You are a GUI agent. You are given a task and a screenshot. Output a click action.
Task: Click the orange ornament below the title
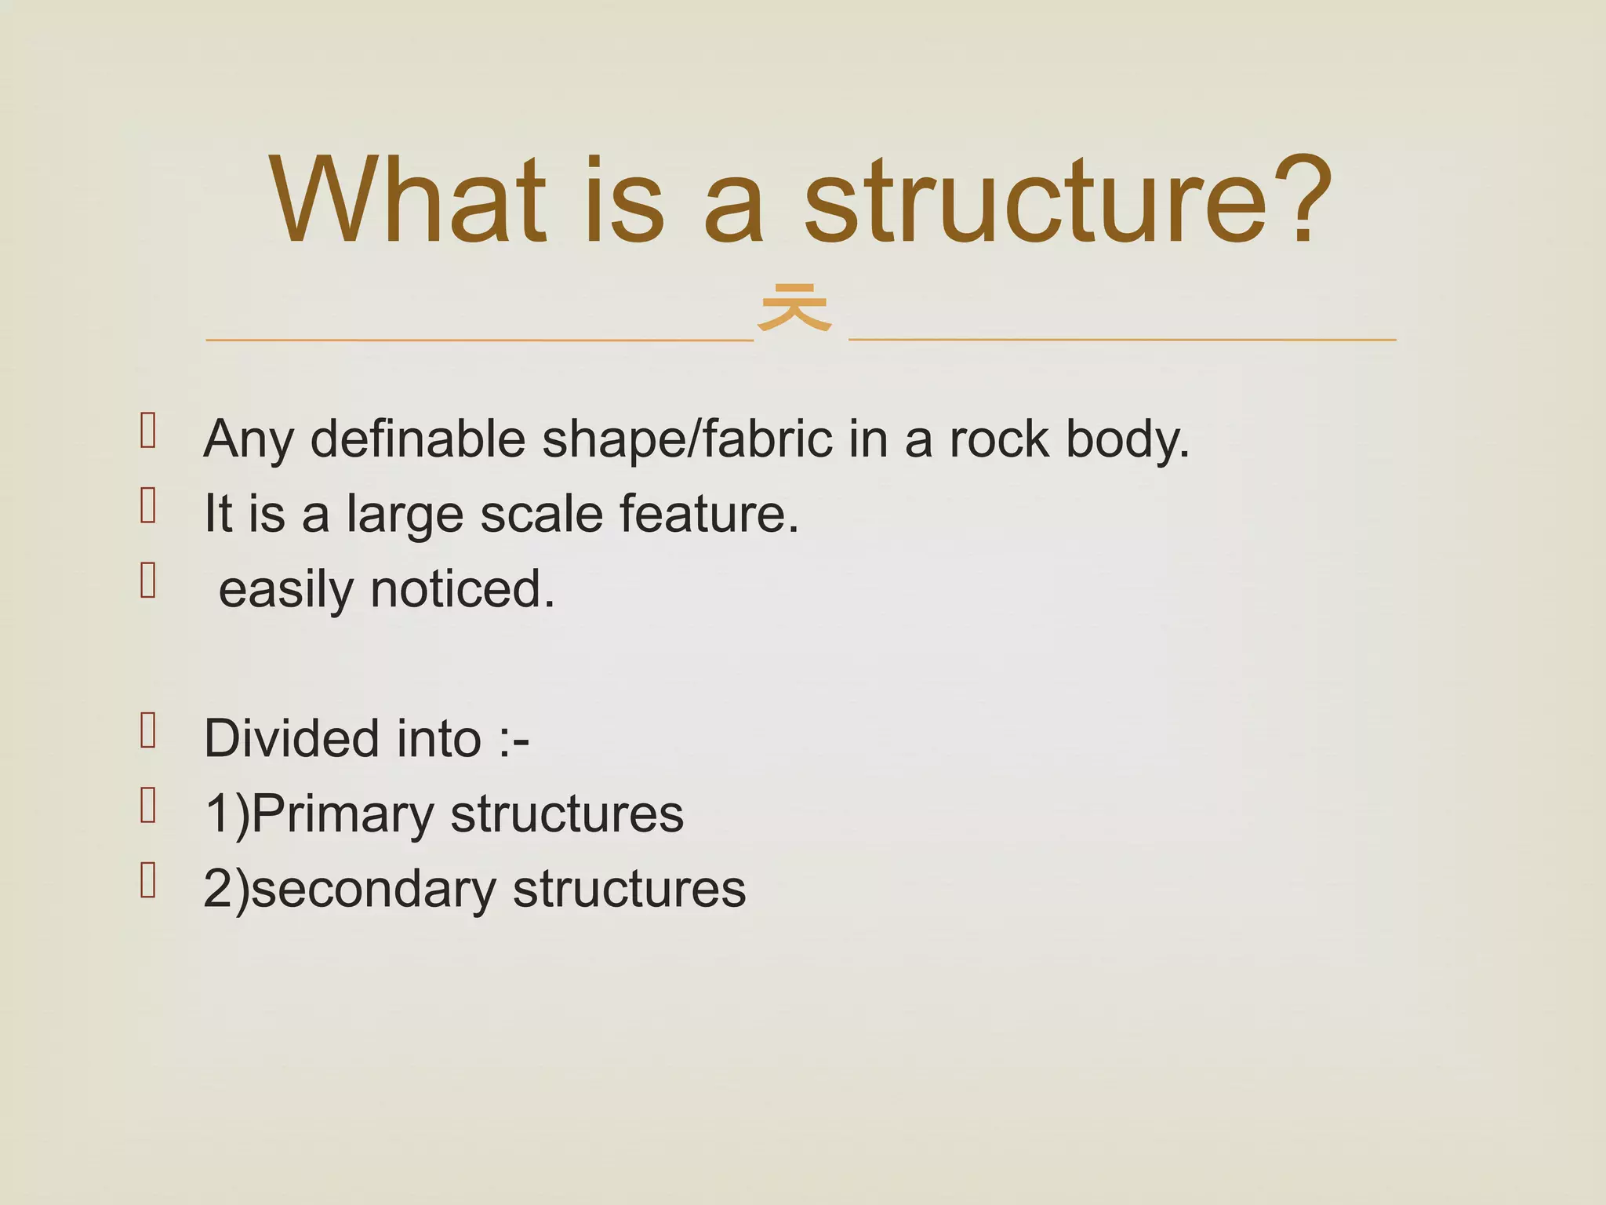pos(794,308)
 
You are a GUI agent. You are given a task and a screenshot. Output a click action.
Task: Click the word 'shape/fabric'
pos(687,440)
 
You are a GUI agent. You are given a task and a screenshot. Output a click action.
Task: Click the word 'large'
pos(405,515)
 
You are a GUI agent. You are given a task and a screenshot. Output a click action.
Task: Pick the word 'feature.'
pos(709,514)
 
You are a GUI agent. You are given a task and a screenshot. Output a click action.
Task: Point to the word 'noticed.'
pos(463,589)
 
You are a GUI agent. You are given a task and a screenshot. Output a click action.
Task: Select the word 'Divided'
pos(291,739)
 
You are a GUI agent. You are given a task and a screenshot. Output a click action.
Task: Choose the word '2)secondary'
pos(349,890)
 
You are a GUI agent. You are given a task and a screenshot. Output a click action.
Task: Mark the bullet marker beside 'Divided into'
pos(148,730)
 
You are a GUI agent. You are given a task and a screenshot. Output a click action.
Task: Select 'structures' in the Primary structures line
pos(567,814)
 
